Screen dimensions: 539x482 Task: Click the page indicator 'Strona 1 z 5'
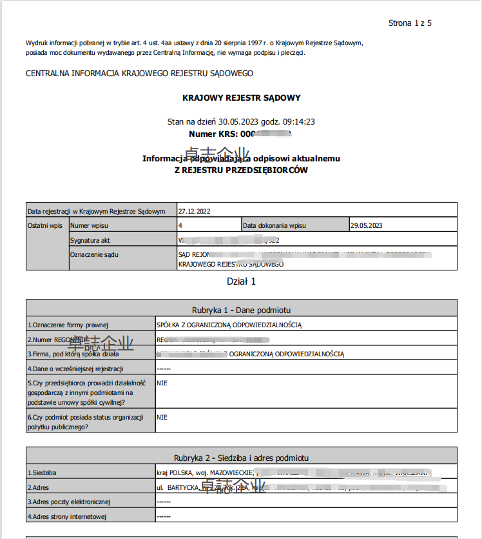pyautogui.click(x=410, y=23)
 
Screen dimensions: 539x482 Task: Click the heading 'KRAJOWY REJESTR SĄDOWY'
pyautogui.click(x=242, y=98)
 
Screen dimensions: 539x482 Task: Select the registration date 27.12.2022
pyautogui.click(x=195, y=210)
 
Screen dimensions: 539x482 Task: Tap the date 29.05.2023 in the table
pyautogui.click(x=367, y=225)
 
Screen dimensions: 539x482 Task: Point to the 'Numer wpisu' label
pyautogui.click(x=90, y=225)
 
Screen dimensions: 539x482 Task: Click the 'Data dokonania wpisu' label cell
pyautogui.click(x=275, y=225)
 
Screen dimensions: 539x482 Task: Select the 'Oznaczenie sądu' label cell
pyautogui.click(x=95, y=254)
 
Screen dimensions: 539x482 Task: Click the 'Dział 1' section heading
pyautogui.click(x=242, y=281)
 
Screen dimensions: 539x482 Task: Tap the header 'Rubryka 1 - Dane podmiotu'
pyautogui.click(x=242, y=310)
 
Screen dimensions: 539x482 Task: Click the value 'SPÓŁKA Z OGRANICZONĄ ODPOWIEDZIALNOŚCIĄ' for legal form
pyautogui.click(x=229, y=325)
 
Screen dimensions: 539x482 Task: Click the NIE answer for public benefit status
pyautogui.click(x=162, y=417)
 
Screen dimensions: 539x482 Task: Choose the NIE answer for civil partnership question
pyautogui.click(x=162, y=383)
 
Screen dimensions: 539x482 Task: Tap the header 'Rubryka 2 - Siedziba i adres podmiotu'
pyautogui.click(x=242, y=458)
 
